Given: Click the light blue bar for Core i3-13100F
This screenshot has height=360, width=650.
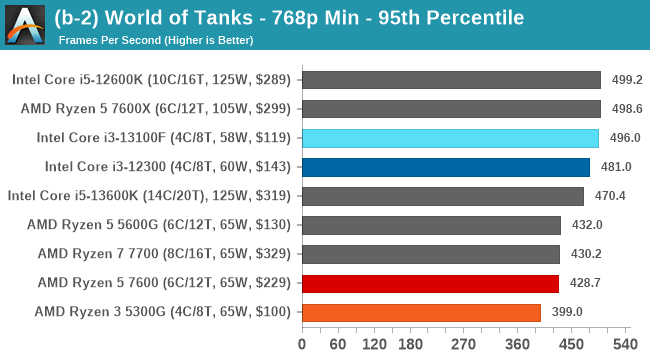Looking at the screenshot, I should point(449,138).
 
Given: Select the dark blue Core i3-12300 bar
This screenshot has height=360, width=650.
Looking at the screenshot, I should point(445,167).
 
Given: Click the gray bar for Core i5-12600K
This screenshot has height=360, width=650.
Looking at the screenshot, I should point(450,80).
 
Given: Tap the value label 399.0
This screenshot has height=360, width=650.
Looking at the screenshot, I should point(566,312).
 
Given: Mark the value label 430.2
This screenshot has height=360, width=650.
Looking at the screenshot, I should point(585,254).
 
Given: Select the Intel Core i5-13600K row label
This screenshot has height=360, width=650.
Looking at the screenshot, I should point(150,196).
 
